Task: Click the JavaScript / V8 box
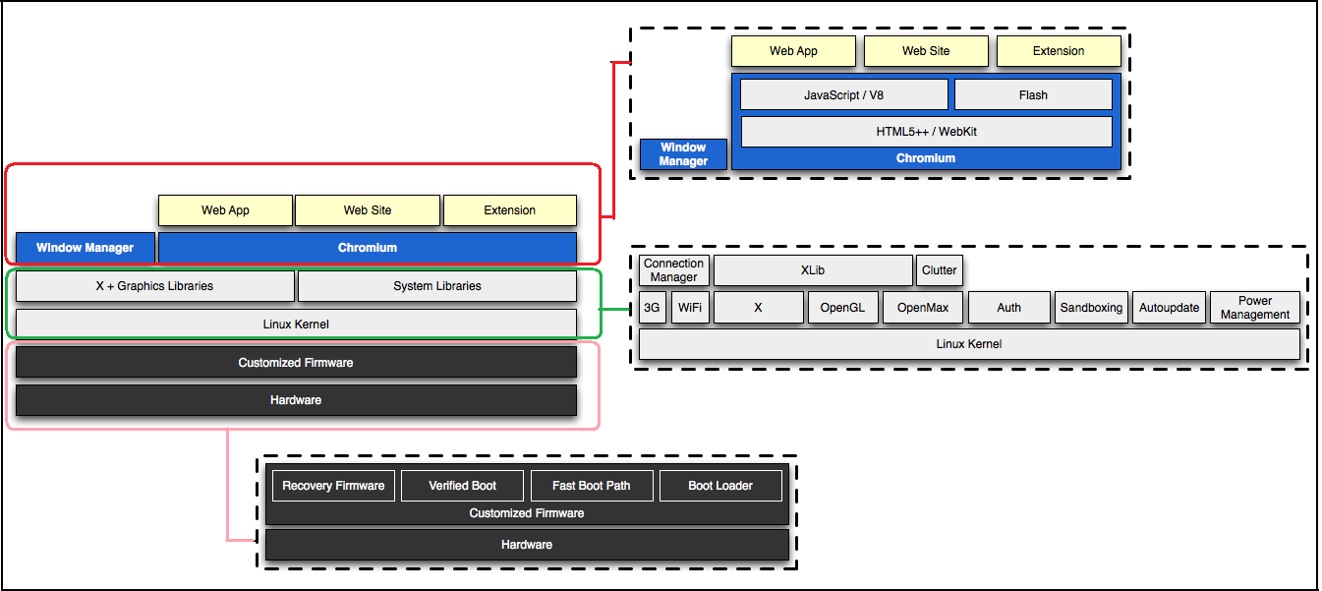[843, 95]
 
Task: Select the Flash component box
[1033, 95]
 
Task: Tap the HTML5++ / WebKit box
[926, 132]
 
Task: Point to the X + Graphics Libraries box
[155, 286]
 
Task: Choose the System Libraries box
[436, 286]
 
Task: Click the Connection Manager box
[673, 270]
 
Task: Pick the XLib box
[813, 270]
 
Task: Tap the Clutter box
[939, 270]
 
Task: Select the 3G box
[652, 308]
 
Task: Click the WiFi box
[690, 308]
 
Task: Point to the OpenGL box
[842, 308]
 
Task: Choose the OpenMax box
[923, 308]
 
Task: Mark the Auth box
[1008, 308]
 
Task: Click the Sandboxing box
[1091, 308]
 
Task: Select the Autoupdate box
[1169, 308]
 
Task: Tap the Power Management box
[1255, 308]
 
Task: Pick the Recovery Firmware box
[333, 486]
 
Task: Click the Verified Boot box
[462, 486]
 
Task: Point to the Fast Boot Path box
[591, 486]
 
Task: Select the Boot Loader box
[720, 486]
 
